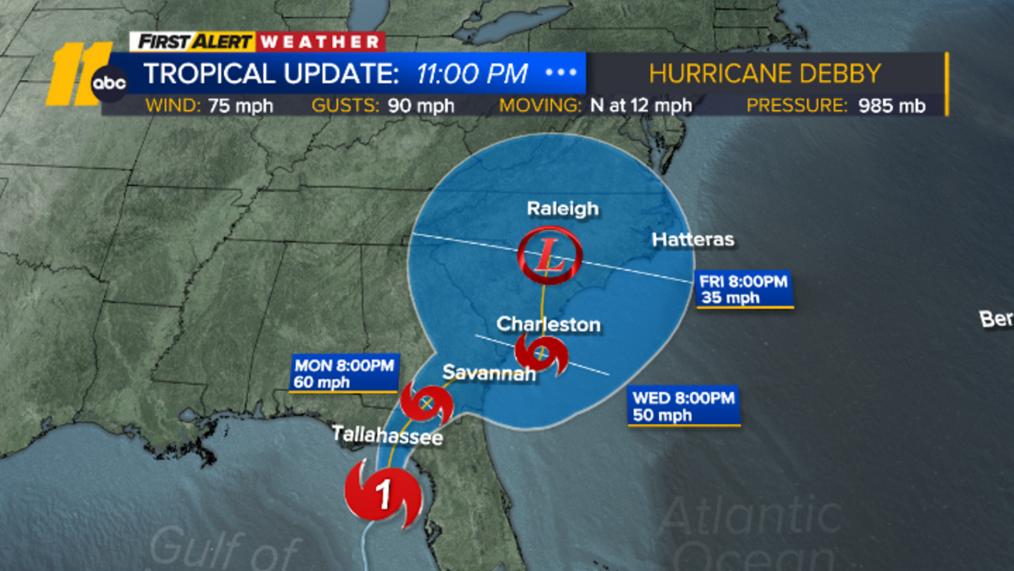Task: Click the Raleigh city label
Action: pyautogui.click(x=563, y=209)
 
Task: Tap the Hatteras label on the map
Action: pyautogui.click(x=693, y=240)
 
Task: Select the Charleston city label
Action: pyautogui.click(x=548, y=324)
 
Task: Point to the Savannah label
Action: pyautogui.click(x=489, y=372)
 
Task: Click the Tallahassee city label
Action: pyautogui.click(x=387, y=435)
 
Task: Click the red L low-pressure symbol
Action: pyautogui.click(x=549, y=255)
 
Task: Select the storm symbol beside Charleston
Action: pyautogui.click(x=541, y=355)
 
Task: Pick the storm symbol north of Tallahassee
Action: pyautogui.click(x=427, y=404)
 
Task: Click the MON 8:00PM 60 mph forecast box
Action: pyautogui.click(x=344, y=373)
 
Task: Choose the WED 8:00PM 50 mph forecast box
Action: pyautogui.click(x=683, y=406)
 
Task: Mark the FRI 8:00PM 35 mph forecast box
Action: pyautogui.click(x=744, y=289)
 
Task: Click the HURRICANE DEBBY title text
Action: pyautogui.click(x=765, y=74)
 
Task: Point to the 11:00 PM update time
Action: pyautogui.click(x=472, y=74)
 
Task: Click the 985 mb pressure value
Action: pyautogui.click(x=892, y=105)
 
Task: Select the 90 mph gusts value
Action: pyautogui.click(x=421, y=105)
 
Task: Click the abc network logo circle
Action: pyautogui.click(x=109, y=83)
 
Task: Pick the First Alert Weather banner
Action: pyautogui.click(x=257, y=42)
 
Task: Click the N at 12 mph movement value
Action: pyautogui.click(x=641, y=105)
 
